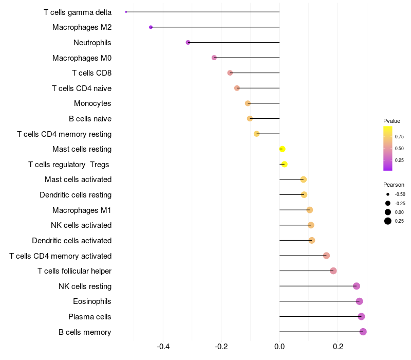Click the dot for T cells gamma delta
click(x=126, y=12)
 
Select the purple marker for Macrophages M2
click(x=151, y=27)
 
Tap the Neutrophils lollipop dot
click(x=188, y=42)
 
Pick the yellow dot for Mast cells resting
click(x=282, y=149)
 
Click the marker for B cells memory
click(x=363, y=332)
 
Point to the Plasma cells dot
click(x=361, y=316)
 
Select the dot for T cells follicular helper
click(x=333, y=271)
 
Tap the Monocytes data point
click(x=248, y=103)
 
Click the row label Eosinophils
click(x=92, y=301)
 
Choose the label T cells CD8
click(x=92, y=73)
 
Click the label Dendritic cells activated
click(x=72, y=240)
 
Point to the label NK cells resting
click(x=85, y=286)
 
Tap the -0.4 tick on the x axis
click(x=163, y=347)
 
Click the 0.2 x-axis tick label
click(x=338, y=347)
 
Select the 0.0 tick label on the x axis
click(x=279, y=347)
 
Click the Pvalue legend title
click(x=391, y=121)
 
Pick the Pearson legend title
click(x=394, y=185)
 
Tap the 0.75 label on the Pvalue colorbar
click(x=399, y=137)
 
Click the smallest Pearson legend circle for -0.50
click(x=388, y=194)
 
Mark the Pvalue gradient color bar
click(x=388, y=149)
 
